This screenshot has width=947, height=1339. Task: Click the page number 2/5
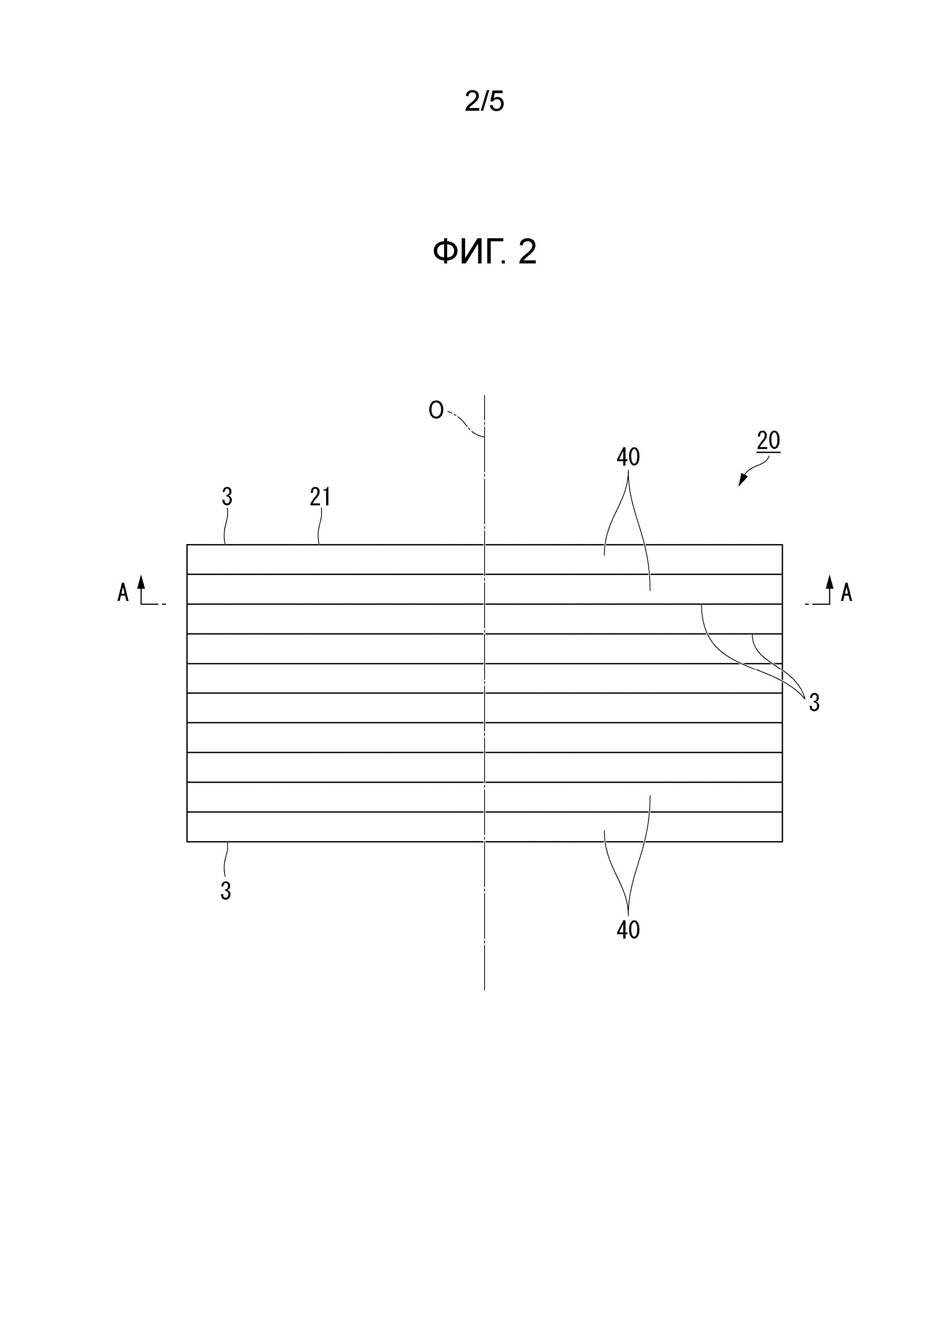484,102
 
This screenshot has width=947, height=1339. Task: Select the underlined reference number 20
768,441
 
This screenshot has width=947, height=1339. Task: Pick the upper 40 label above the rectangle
628,457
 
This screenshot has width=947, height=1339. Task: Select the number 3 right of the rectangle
814,703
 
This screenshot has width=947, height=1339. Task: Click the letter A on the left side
123,593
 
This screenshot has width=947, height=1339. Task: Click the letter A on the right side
846,593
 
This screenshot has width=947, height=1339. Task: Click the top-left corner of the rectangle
187,545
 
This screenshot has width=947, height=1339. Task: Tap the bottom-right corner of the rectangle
782,842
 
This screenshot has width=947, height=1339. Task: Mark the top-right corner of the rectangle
782,545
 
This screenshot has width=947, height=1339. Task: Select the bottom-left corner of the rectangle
187,842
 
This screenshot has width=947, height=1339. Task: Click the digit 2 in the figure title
527,252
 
